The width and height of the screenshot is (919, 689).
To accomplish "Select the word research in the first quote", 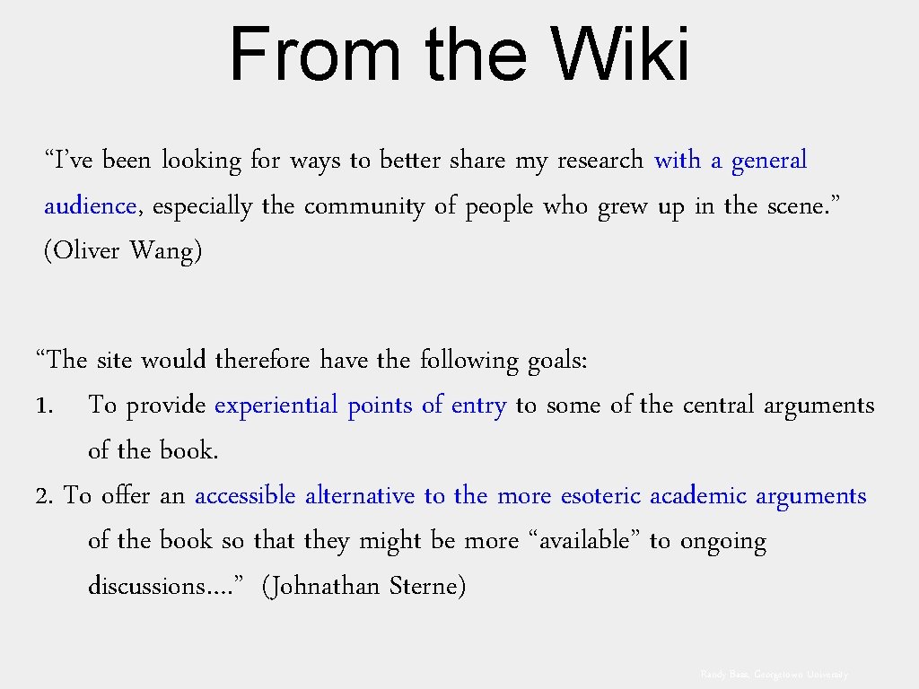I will pos(600,161).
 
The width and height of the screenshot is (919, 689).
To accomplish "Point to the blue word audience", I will pos(90,206).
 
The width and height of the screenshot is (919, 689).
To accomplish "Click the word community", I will pos(364,206).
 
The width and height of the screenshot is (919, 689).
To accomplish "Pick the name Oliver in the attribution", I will pos(86,251).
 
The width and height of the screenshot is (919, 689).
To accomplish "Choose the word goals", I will pos(556,362).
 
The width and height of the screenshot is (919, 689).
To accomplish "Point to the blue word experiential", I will pos(276,406).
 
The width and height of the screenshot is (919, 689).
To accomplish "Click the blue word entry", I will pos(478,406).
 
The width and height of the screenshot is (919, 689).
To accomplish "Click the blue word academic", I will pos(699,496).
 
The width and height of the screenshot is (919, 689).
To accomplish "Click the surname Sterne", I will pos(426,587).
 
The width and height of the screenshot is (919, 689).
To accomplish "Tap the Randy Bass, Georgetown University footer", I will pos(775,674).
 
